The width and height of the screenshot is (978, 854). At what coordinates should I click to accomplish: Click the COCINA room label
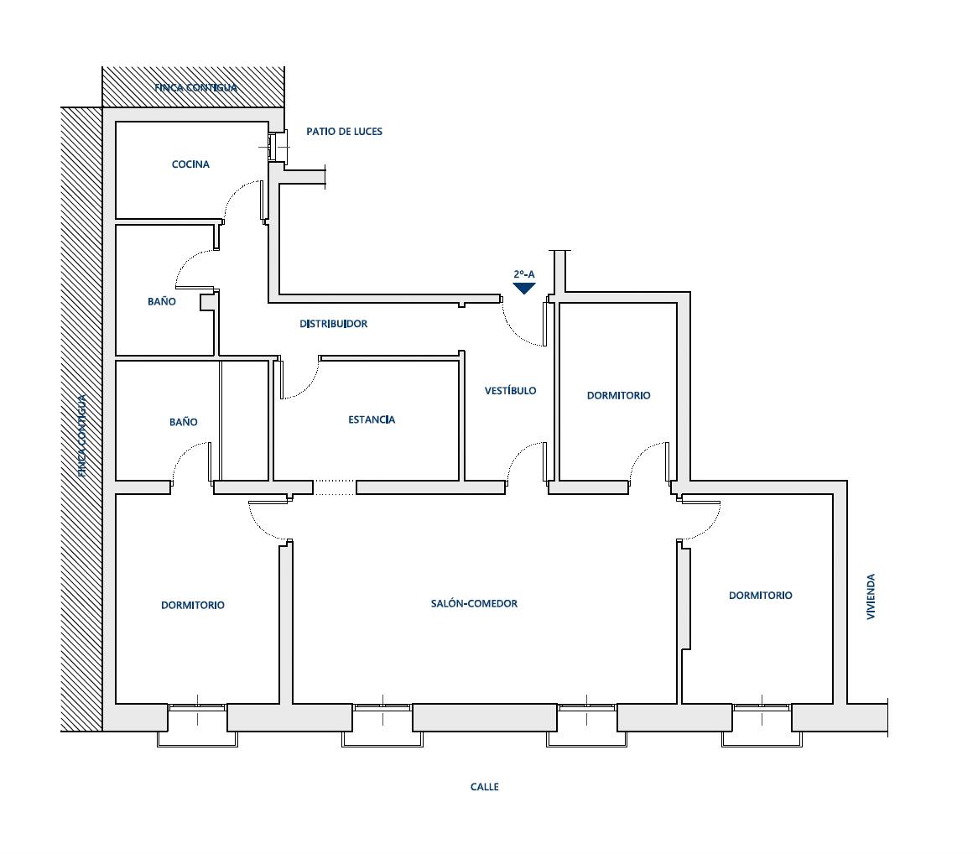tap(190, 164)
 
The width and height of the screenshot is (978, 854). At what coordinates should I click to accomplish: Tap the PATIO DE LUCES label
tap(344, 132)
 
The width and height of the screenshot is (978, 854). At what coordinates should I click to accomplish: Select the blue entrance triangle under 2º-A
tap(524, 288)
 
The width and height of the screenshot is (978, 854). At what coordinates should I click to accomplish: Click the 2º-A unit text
tap(524, 273)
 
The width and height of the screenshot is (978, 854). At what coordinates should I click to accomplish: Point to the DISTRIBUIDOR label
tap(333, 324)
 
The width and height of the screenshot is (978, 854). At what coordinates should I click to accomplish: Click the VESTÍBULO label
tap(510, 390)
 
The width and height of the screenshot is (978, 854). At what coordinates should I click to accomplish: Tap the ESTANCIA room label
tap(371, 419)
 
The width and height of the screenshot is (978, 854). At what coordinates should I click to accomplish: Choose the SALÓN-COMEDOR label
tap(474, 603)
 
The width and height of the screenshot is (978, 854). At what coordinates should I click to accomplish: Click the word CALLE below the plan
tap(484, 787)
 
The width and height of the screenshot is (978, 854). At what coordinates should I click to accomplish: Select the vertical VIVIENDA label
tap(871, 596)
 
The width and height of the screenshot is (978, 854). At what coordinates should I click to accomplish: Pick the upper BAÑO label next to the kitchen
tap(162, 301)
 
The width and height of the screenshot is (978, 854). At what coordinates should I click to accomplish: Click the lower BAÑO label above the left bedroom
tap(184, 422)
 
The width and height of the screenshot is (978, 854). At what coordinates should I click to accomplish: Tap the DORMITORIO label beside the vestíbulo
tap(618, 395)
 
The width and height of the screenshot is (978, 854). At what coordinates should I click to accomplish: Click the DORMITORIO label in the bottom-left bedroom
tap(193, 605)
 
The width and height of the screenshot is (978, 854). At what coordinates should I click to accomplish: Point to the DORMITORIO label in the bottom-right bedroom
tap(760, 595)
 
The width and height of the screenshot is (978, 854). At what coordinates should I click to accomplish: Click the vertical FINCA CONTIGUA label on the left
tap(81, 436)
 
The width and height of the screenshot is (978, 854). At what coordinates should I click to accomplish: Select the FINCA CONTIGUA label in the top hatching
tap(195, 87)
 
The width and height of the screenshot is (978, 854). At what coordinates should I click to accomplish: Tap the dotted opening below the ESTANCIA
tap(335, 487)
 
